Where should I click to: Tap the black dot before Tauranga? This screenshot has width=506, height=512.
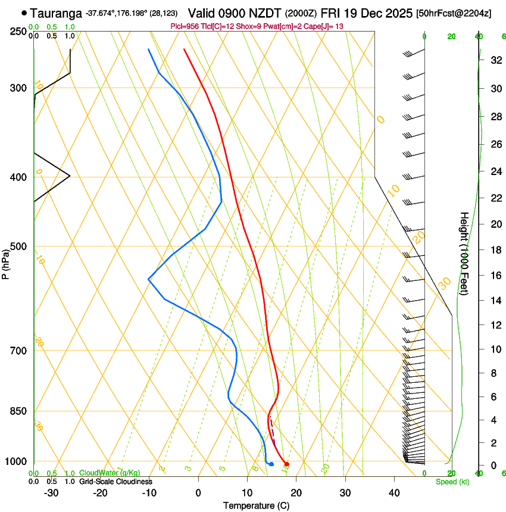click(24, 13)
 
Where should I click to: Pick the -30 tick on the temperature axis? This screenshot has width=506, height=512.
click(51, 492)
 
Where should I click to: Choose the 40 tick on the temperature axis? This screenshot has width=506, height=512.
click(394, 492)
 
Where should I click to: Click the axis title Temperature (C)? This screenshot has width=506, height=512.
click(255, 505)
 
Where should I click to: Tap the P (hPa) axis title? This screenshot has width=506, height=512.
click(5, 263)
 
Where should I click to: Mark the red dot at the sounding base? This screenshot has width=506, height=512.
click(287, 464)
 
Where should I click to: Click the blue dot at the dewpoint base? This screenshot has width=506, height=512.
click(271, 464)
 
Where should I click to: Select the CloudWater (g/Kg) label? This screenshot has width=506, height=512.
click(110, 473)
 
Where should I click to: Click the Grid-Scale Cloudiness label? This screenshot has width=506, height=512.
click(115, 481)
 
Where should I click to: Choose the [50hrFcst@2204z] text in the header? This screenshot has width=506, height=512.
click(454, 13)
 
